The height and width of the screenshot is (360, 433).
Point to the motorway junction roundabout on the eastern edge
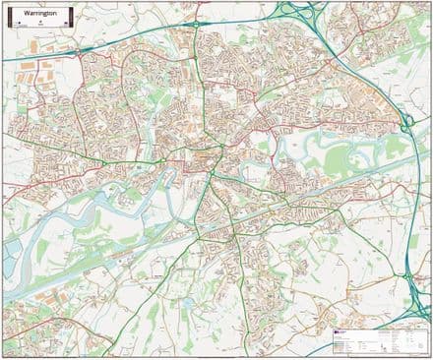405,123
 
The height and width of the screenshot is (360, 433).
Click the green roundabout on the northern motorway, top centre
195,23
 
